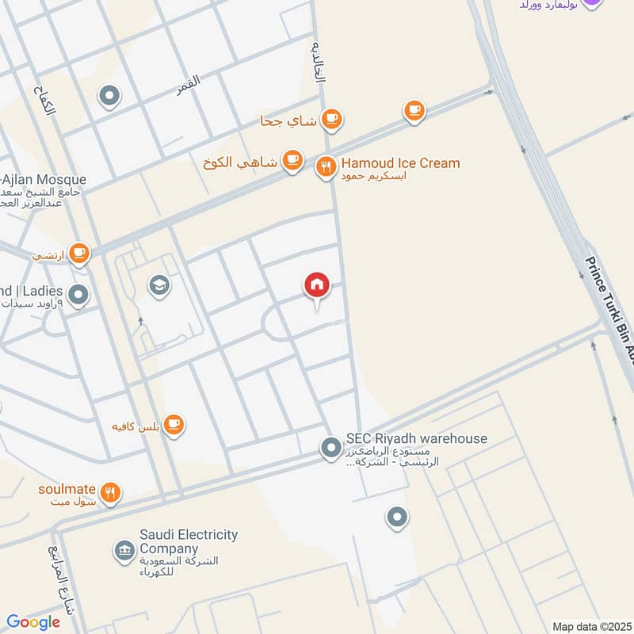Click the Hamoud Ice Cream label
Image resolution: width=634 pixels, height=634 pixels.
400,163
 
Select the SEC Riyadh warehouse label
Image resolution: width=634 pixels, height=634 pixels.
416,439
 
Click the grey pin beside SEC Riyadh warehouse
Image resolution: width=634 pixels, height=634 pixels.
330,449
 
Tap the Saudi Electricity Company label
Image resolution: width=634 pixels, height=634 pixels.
189,541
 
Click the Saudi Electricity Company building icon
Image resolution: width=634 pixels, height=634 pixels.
124,550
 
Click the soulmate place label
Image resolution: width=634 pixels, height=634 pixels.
67,488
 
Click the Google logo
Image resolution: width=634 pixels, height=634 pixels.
33,622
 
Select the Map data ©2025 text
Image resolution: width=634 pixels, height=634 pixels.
590,626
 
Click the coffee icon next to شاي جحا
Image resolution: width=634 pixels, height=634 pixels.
331,119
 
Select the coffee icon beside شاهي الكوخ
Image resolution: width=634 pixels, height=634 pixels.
293,161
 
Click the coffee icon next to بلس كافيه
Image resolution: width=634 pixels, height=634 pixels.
175,426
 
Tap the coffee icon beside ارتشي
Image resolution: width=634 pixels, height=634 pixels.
78,254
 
